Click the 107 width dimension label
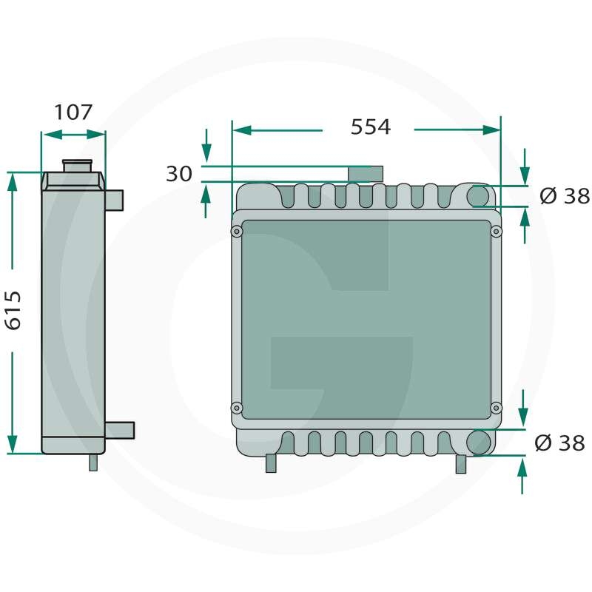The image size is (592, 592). point(73,112)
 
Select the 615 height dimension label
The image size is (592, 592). point(13,310)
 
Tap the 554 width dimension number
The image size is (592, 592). point(371,127)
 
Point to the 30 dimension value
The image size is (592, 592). point(179,174)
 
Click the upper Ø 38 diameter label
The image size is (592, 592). point(565,196)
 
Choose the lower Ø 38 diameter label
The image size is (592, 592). point(560,443)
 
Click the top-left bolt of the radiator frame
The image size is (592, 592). point(237,231)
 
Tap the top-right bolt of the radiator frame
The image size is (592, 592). point(497,231)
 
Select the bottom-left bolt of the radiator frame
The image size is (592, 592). point(237,408)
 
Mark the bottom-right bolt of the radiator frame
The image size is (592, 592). point(496,408)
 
